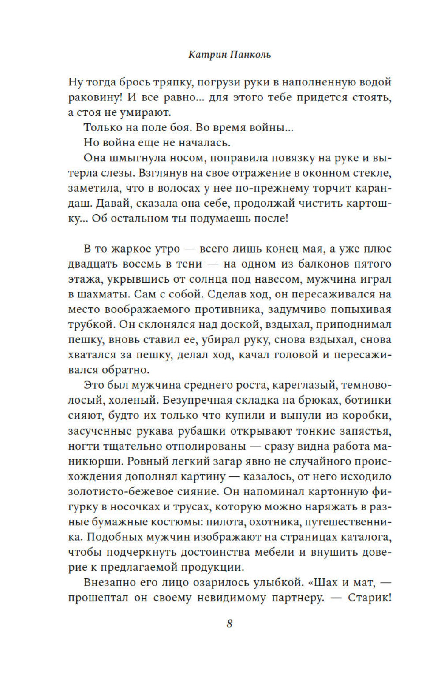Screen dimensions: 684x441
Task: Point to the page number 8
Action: click(229, 624)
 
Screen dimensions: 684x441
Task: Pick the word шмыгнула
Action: click(134, 158)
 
